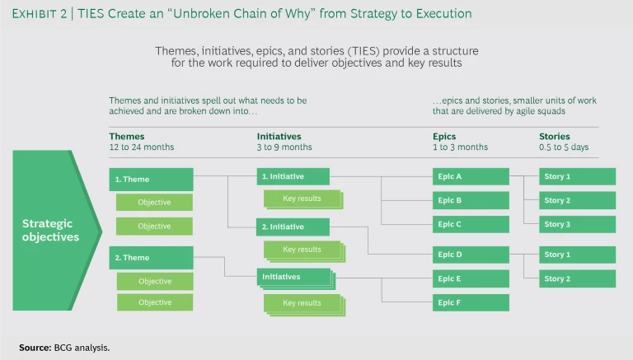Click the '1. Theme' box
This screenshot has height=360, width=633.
(151, 180)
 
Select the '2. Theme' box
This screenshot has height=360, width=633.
(151, 258)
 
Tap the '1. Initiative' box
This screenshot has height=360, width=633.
(293, 177)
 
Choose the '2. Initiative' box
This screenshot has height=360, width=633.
(293, 227)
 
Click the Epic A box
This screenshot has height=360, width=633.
(467, 176)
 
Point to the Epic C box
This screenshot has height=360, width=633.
(467, 224)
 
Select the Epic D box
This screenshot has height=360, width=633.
(467, 255)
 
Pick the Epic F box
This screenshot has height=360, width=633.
(467, 302)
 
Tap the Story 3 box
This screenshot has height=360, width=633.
(577, 224)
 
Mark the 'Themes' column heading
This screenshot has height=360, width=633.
(127, 137)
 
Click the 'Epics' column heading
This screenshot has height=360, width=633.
(445, 137)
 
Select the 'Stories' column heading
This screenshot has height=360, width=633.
(555, 137)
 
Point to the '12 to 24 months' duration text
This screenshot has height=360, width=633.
(142, 147)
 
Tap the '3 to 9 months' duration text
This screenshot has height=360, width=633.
(284, 147)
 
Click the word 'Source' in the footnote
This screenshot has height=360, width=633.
(35, 347)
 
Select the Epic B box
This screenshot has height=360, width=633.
(467, 200)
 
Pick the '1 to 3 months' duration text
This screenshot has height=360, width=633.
(459, 147)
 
